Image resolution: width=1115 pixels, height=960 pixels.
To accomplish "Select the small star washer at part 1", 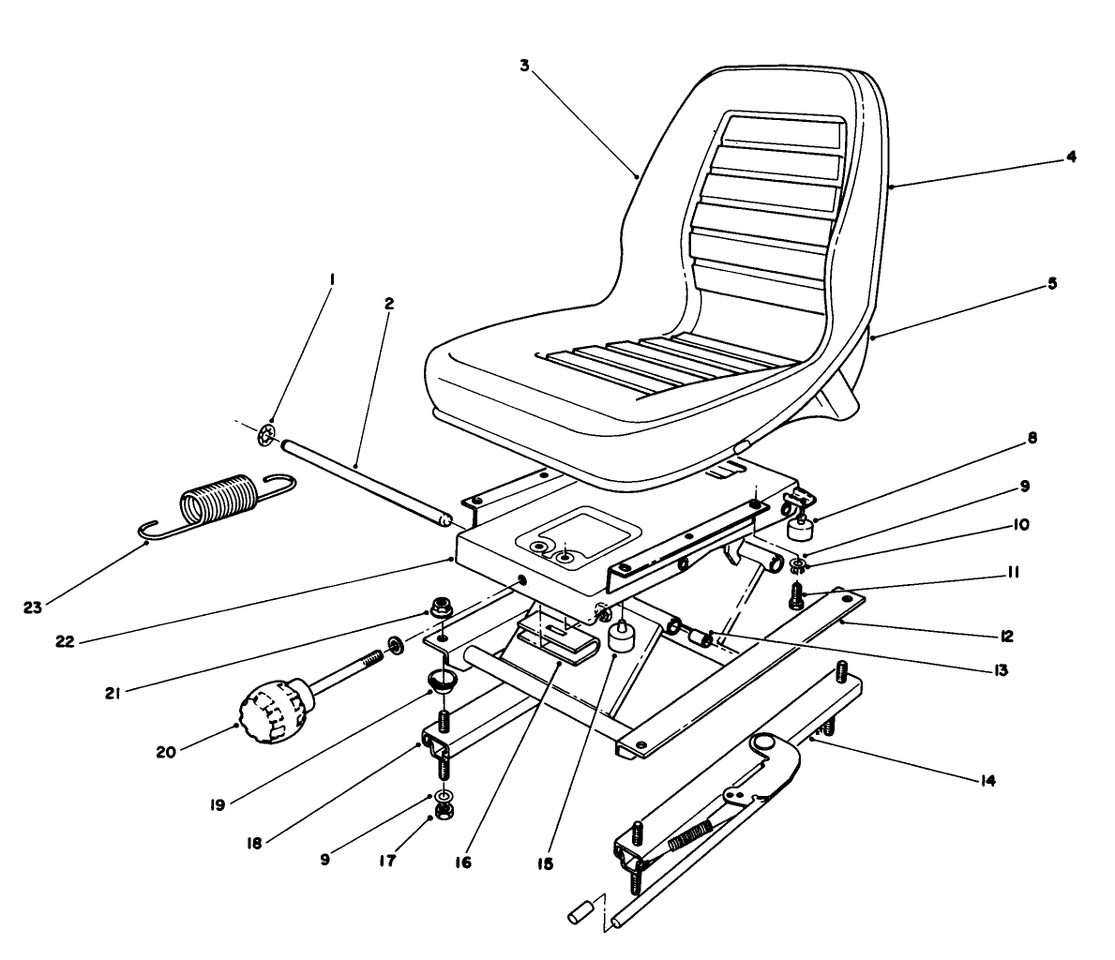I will (x=266, y=436).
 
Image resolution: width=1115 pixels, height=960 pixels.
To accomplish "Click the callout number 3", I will (x=525, y=66).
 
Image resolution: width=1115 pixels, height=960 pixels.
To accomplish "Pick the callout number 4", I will (x=1070, y=157).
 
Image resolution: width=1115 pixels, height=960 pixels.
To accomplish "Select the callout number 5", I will (x=1052, y=282).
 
